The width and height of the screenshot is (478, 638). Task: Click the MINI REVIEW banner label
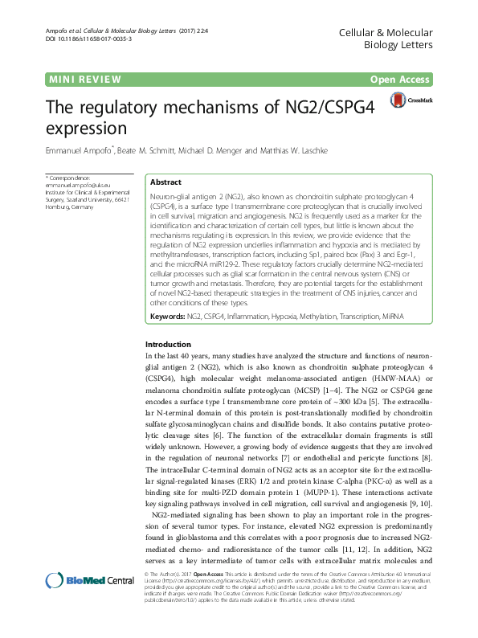coord(85,80)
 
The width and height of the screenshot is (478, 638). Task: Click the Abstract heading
coord(165,182)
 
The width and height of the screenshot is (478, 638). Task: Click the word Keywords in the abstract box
coord(167,319)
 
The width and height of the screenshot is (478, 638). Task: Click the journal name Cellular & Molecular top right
coord(398,31)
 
